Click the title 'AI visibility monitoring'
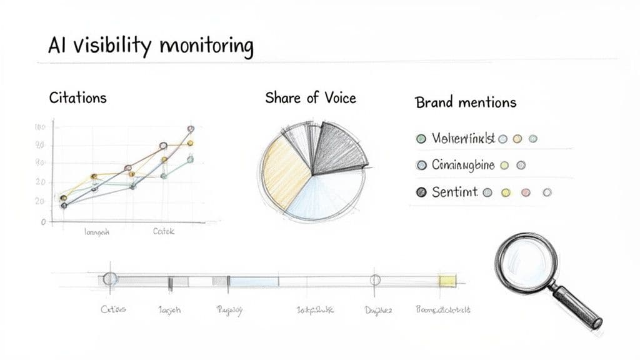click(151, 47)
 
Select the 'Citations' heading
click(77, 98)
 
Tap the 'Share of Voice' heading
click(310, 97)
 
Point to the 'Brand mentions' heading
click(466, 102)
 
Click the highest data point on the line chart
click(191, 129)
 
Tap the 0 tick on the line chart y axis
click(43, 222)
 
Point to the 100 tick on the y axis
click(40, 127)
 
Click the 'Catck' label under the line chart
click(164, 232)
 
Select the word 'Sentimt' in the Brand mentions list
click(454, 193)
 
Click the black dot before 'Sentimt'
click(421, 193)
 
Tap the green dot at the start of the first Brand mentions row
click(421, 139)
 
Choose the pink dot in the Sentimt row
click(526, 193)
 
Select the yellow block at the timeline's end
click(447, 281)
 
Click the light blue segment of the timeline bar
click(253, 281)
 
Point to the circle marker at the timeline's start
click(110, 279)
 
